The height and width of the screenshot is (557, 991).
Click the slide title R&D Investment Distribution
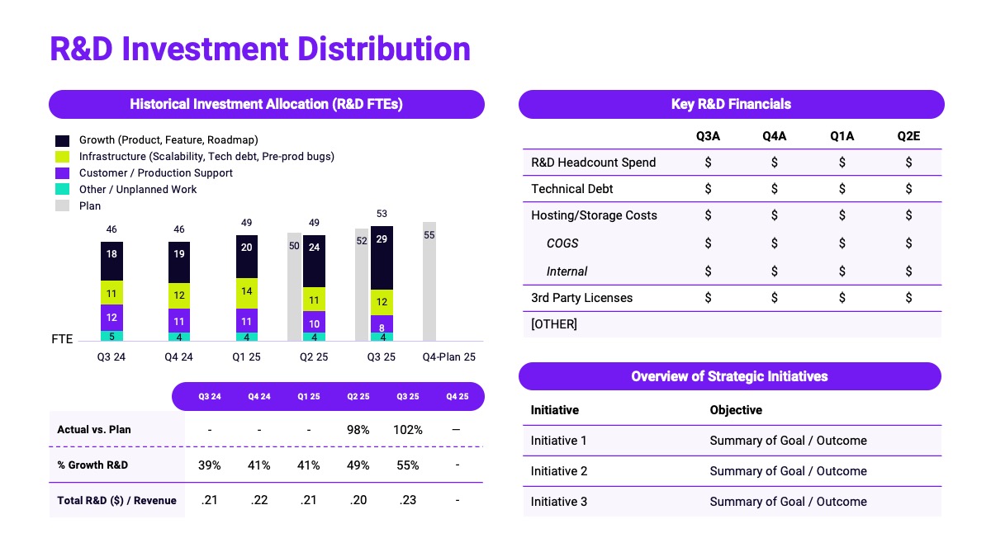coord(260,49)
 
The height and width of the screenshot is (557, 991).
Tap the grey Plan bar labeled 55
coord(429,281)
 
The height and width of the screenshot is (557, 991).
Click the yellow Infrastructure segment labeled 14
coord(247,292)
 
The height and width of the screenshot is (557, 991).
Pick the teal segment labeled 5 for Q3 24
coord(111,336)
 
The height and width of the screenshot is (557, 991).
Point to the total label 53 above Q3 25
coord(382,215)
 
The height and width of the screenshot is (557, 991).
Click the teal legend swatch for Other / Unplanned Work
coord(63,190)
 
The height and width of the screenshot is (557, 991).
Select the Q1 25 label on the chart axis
coord(247,357)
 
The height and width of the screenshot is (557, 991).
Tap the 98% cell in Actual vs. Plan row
coord(358,430)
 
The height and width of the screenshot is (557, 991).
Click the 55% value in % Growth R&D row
coord(408,465)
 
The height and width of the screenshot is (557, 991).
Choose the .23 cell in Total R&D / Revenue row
coord(408,500)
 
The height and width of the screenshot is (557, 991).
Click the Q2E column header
coord(908,136)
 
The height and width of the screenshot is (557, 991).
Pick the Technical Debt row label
coord(572,189)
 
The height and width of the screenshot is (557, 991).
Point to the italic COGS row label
coord(562,243)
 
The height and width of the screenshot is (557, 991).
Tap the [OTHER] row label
coord(554,324)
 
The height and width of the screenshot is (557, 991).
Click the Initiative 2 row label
coord(559,471)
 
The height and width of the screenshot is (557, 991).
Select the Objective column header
coord(736,410)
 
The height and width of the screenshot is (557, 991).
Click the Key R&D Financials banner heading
coord(731,104)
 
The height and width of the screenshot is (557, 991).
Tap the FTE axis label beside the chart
coord(62,339)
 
